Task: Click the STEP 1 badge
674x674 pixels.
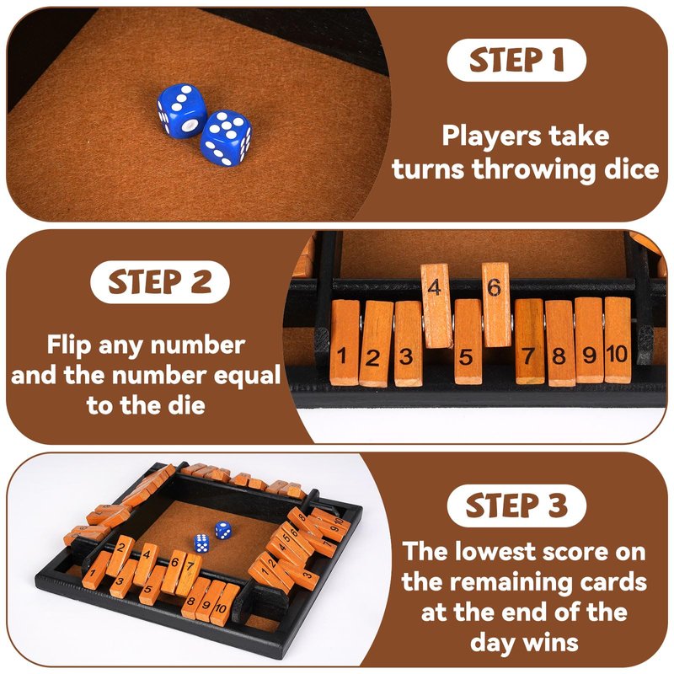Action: point(516,60)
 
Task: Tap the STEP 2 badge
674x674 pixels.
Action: point(160,282)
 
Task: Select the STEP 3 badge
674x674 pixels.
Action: point(516,505)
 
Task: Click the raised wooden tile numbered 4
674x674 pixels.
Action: point(436,305)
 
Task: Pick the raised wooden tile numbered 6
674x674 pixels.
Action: point(496,304)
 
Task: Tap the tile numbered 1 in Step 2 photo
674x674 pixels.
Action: point(345,342)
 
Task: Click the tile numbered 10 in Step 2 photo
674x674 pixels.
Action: point(618,340)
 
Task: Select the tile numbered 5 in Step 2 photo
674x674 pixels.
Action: point(468,342)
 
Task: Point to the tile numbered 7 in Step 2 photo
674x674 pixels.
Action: point(530,342)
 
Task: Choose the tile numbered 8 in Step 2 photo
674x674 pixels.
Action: point(560,343)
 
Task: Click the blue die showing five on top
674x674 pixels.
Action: point(226,138)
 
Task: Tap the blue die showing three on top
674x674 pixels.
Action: point(181,110)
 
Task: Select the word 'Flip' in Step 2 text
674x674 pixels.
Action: point(70,345)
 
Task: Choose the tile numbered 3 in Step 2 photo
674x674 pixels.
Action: point(408,343)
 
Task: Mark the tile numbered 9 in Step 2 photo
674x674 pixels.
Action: point(589,340)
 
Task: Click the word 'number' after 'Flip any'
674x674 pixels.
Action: point(198,345)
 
